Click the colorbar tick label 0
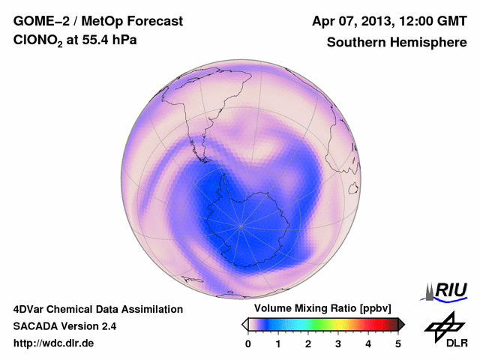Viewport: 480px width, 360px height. tap(248, 343)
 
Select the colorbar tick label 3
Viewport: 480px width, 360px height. tap(338, 343)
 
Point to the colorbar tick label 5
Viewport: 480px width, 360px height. tap(398, 343)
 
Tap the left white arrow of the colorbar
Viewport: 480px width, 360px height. tap(244, 324)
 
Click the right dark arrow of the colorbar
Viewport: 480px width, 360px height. tap(401, 324)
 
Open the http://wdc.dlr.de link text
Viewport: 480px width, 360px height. tap(54, 343)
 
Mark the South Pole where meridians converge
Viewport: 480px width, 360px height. tap(241, 224)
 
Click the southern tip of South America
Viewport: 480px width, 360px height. tap(204, 159)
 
